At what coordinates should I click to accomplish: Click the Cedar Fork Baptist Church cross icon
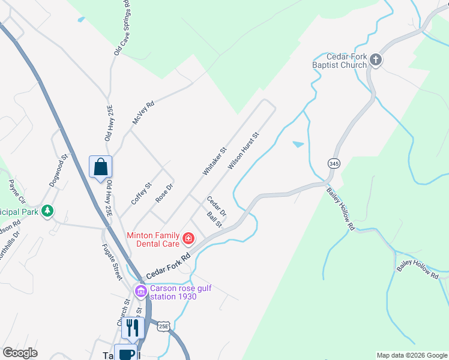tap(376, 59)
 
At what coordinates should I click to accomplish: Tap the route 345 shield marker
tap(334, 163)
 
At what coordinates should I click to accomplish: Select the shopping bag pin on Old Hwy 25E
tap(101, 167)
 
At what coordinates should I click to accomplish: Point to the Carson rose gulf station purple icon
tap(141, 292)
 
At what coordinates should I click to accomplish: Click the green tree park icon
tap(47, 211)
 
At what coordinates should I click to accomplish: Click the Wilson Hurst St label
tap(243, 151)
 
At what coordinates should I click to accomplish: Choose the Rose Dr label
tap(164, 193)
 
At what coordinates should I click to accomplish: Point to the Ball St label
tap(214, 220)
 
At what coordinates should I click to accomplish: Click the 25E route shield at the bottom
tap(164, 326)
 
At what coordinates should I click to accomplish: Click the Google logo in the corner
tap(20, 353)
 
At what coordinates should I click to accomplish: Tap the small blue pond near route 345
tap(298, 145)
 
